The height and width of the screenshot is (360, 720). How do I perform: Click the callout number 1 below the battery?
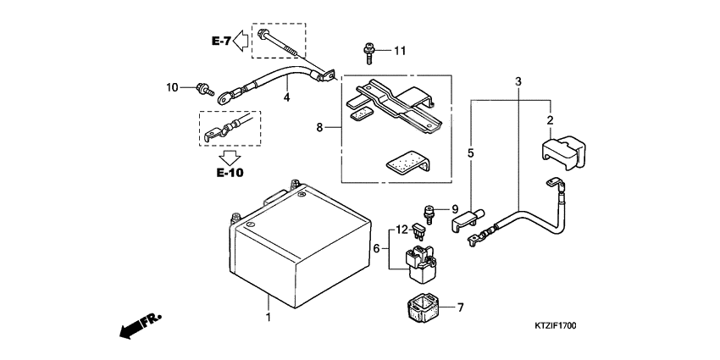(269, 318)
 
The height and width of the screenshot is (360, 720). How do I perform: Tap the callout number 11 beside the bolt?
(399, 51)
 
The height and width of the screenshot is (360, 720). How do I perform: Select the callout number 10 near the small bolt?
(172, 86)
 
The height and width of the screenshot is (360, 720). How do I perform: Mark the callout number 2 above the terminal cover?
(550, 120)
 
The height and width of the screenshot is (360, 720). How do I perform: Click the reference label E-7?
(221, 40)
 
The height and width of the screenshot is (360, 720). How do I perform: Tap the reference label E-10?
(230, 173)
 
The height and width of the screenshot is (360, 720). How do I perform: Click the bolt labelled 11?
(369, 53)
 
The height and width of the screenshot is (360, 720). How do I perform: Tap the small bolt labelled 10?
(202, 86)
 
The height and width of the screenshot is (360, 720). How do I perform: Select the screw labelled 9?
(429, 212)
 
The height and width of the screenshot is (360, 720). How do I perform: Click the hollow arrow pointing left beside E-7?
(241, 39)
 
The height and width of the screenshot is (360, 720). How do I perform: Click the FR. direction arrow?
(140, 325)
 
